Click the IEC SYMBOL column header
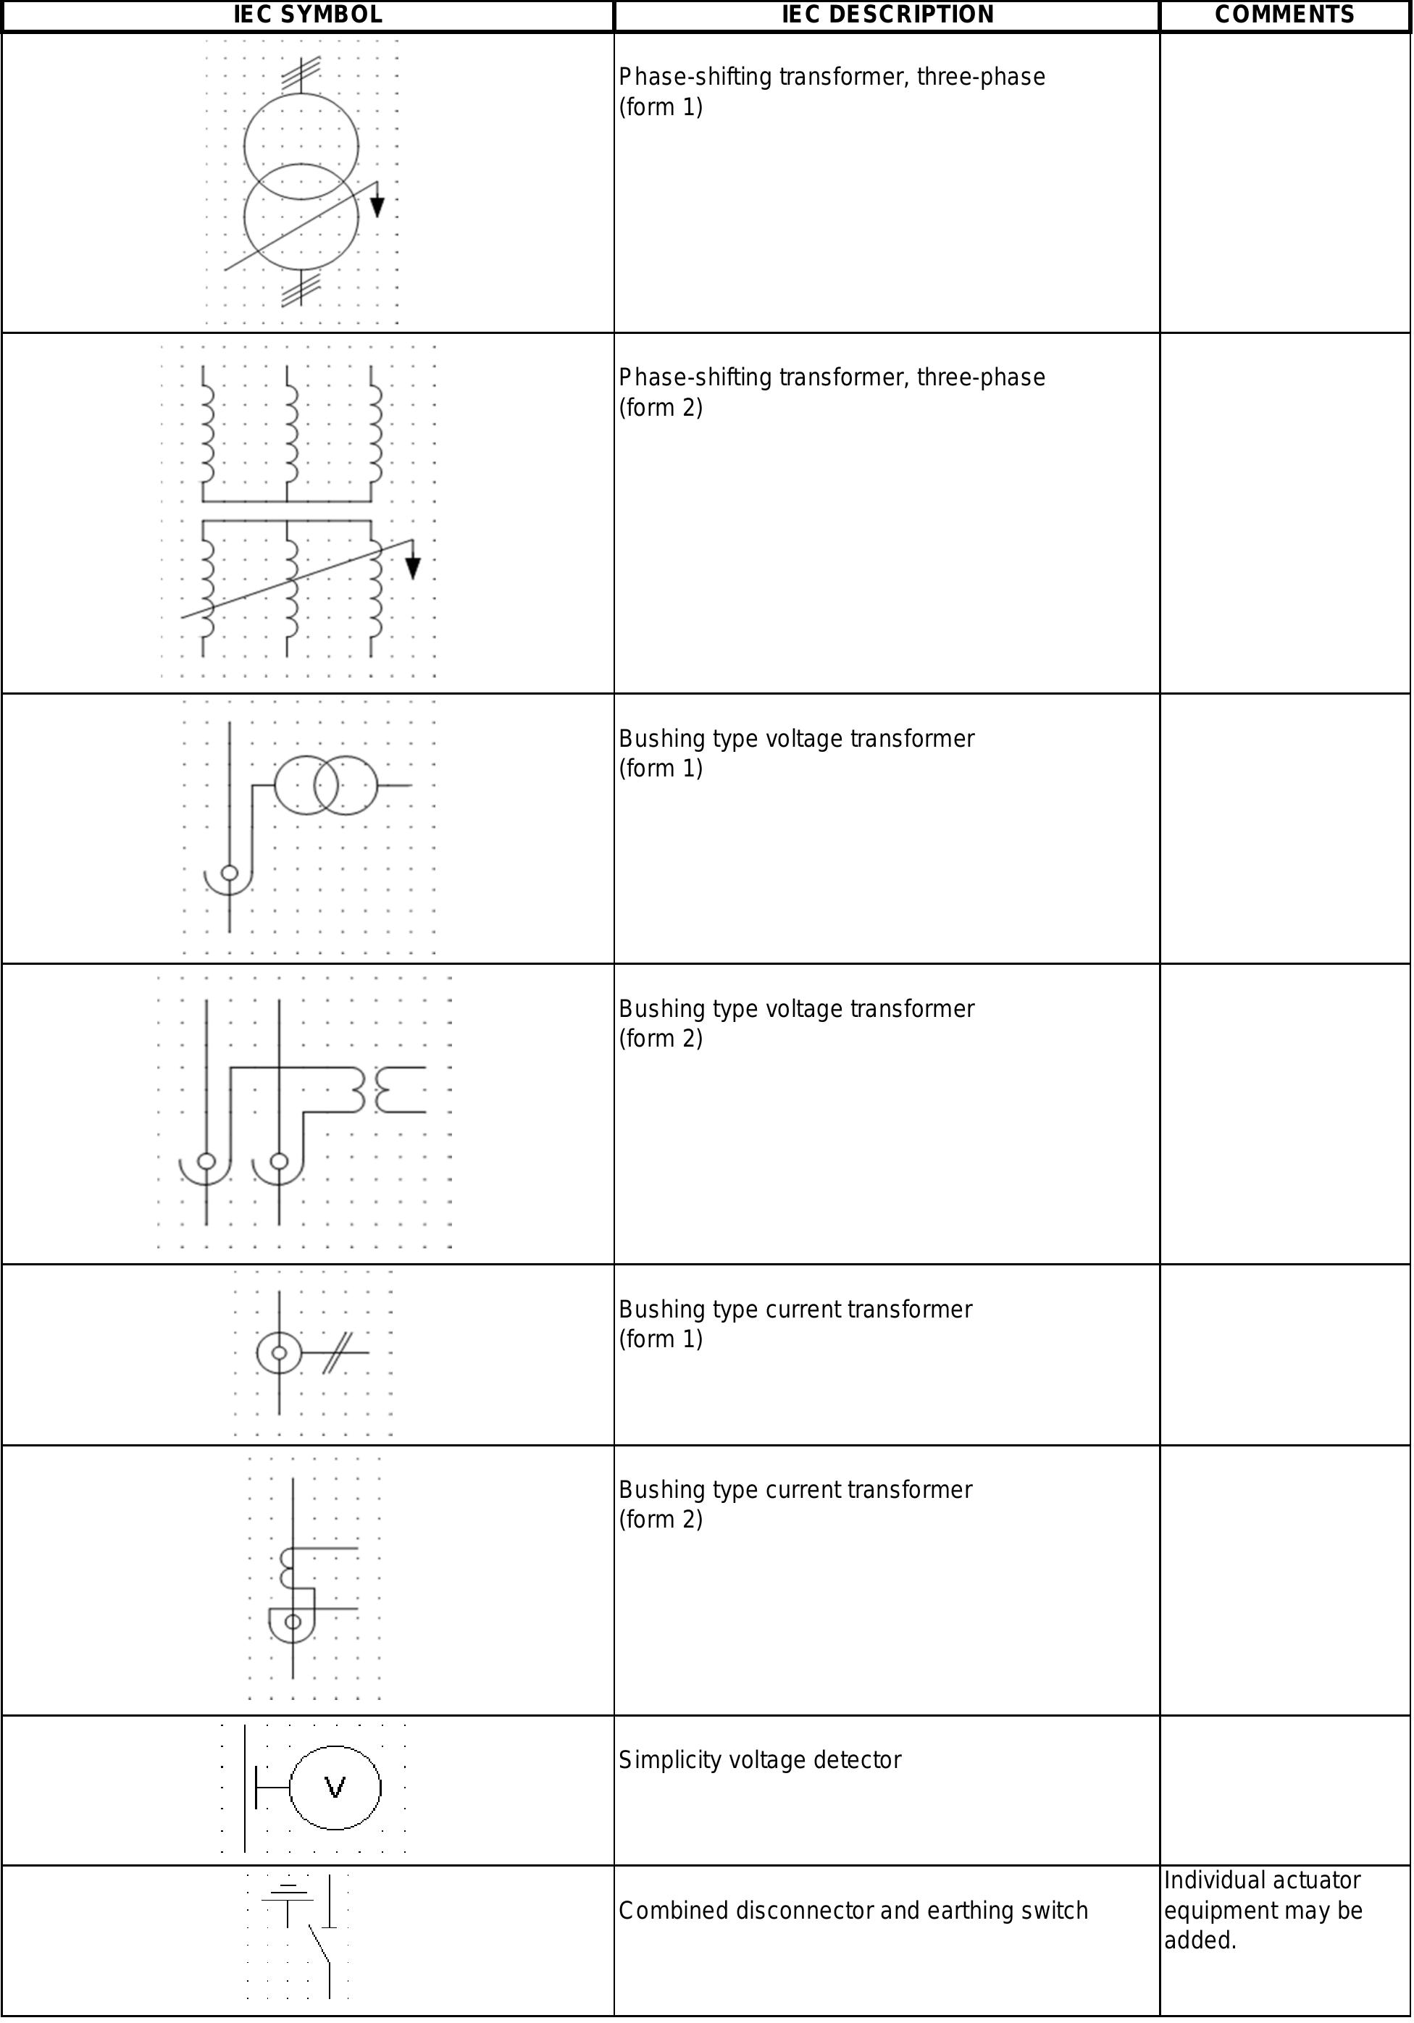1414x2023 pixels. coord(307,15)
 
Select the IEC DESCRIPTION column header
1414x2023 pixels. coord(887,15)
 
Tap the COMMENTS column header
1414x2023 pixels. coord(1284,15)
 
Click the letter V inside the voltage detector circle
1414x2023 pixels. coord(335,1788)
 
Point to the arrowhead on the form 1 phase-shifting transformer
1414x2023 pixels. coord(377,207)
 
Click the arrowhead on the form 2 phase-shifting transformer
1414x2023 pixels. coord(412,569)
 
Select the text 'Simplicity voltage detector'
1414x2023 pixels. coord(759,1759)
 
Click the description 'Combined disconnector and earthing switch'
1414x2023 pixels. coord(853,1910)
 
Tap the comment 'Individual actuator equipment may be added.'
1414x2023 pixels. coord(1263,1910)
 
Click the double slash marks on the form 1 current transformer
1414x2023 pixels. coord(335,1352)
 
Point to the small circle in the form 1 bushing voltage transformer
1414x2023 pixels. coord(229,874)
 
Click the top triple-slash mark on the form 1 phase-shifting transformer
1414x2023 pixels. coord(301,72)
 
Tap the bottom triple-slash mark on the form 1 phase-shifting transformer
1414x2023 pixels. coord(301,289)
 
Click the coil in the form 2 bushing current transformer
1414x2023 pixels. coord(285,1567)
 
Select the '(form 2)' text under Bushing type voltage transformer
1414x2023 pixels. coord(661,1038)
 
